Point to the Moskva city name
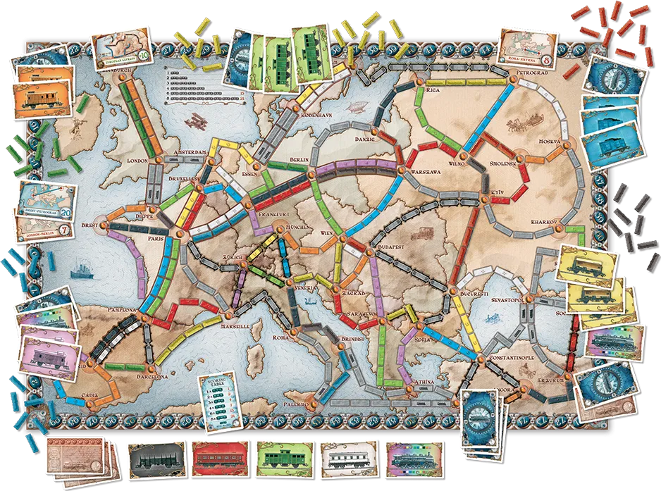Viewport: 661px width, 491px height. [548, 142]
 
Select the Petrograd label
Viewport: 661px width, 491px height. [531, 72]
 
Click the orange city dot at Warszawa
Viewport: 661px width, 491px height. [399, 170]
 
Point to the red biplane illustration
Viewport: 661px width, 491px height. [192, 121]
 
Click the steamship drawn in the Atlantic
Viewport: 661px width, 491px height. [79, 268]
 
